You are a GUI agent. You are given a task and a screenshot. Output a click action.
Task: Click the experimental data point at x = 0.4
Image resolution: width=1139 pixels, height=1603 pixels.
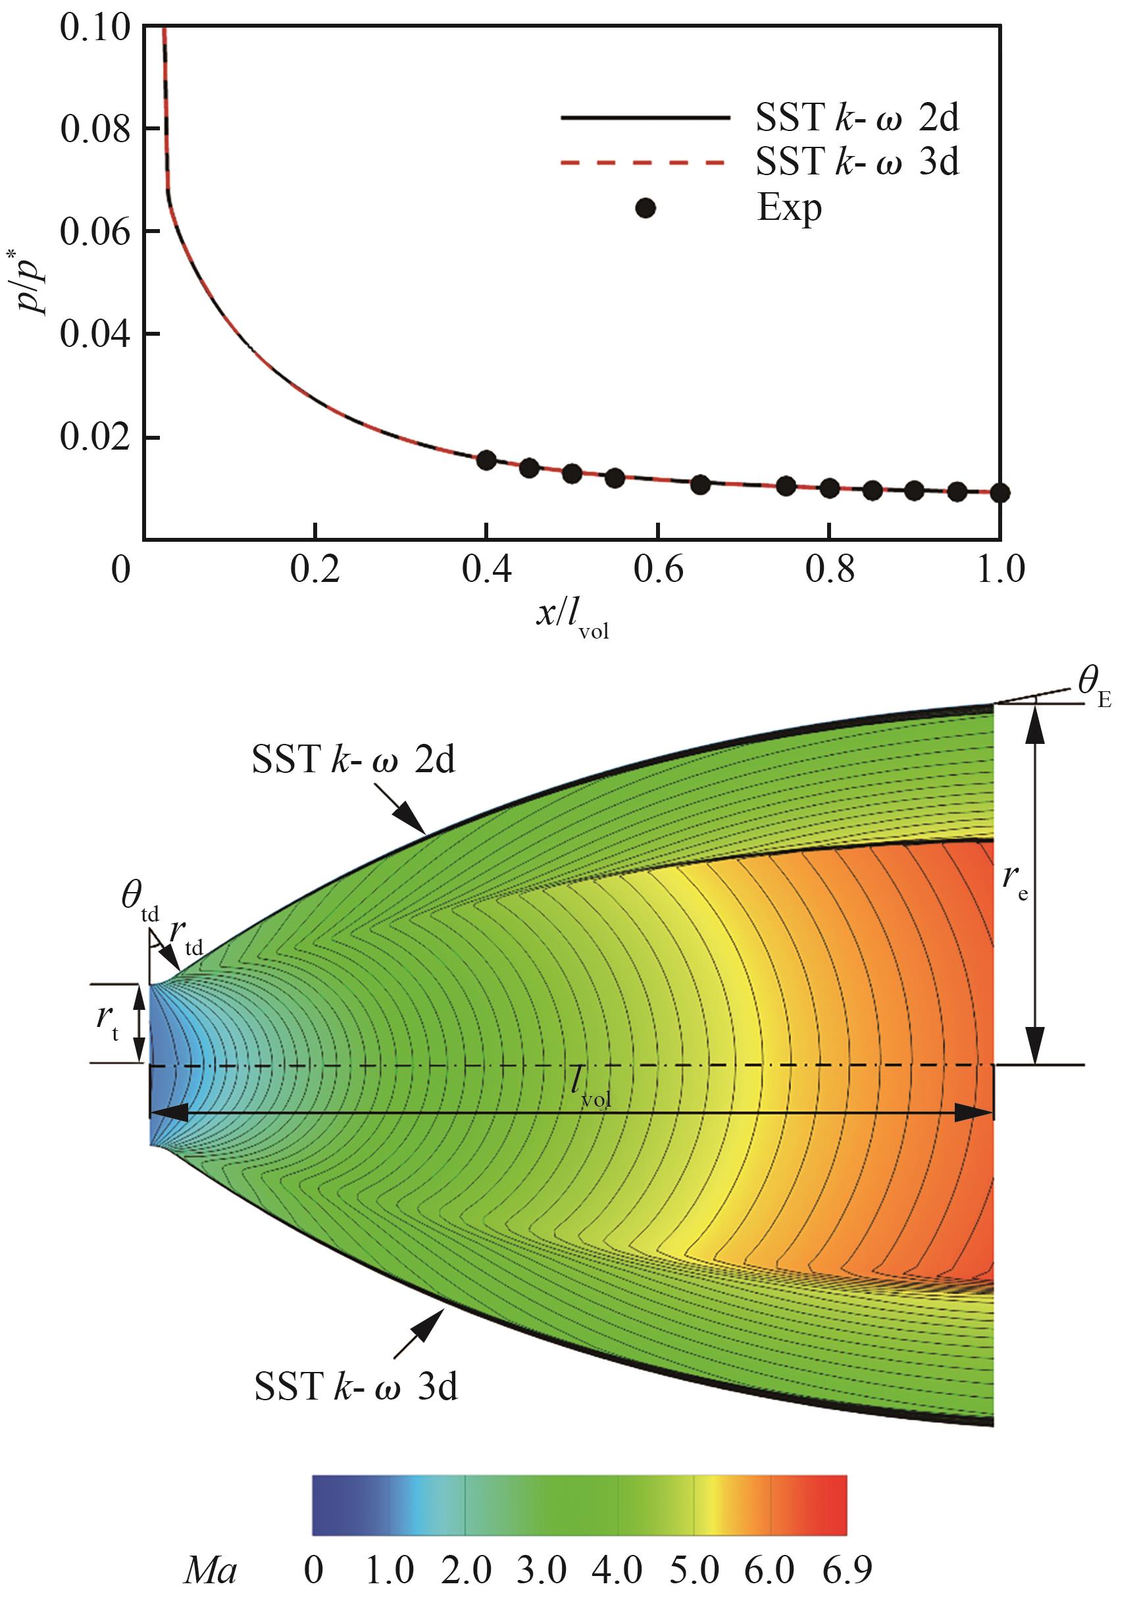486,460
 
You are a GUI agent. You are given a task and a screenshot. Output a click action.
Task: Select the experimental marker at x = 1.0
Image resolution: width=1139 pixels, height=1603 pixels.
1000,492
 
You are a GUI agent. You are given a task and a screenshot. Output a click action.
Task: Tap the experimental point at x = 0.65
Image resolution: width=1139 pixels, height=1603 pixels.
700,484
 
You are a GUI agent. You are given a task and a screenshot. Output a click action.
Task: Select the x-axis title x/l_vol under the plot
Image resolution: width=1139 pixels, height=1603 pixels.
572,618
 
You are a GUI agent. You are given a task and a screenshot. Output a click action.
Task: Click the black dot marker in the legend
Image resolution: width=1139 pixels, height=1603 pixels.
645,208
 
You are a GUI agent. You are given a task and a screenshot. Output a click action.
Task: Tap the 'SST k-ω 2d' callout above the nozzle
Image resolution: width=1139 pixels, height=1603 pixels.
353,760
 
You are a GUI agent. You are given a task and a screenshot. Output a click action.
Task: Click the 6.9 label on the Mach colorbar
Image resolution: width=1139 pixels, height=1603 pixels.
847,1567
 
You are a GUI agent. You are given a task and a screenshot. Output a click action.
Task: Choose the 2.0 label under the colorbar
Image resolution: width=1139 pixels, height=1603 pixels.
466,1567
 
